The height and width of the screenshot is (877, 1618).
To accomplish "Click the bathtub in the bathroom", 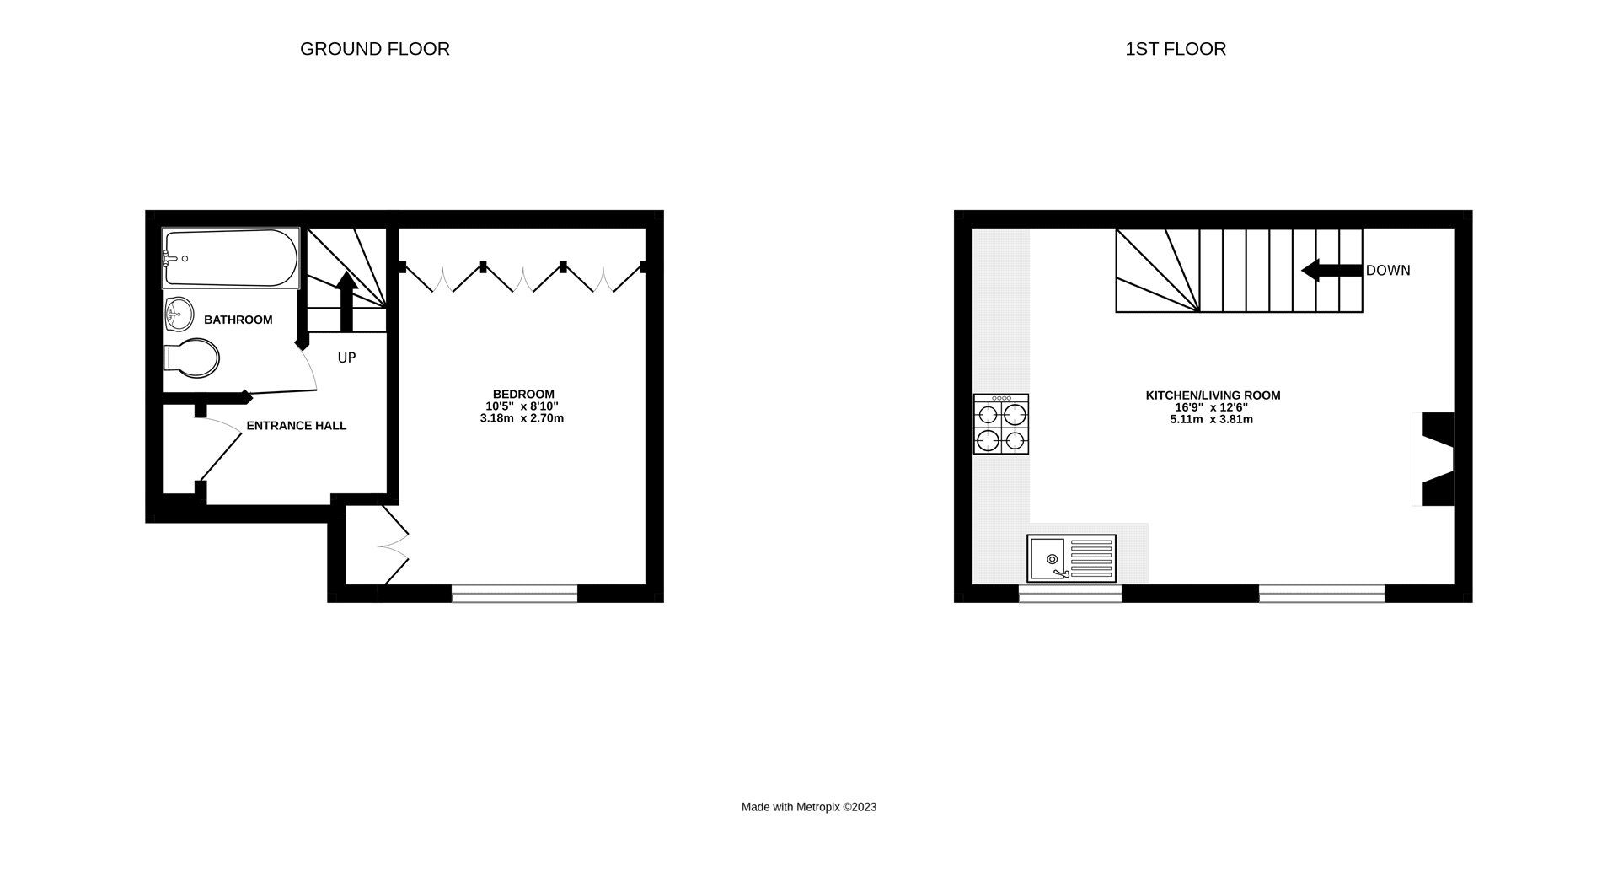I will tap(231, 258).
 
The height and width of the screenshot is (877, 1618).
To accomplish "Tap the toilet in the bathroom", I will tap(193, 358).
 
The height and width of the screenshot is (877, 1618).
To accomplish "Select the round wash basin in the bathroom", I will tap(178, 315).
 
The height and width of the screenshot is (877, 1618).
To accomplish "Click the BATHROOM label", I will tap(238, 320).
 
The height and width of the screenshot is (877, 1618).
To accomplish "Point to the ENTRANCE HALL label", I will tap(296, 426).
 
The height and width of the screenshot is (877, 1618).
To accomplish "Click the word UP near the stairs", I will tap(346, 358).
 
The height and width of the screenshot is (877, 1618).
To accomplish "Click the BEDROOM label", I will tap(523, 394).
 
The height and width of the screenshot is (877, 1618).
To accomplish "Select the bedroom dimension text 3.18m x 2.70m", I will tap(522, 418).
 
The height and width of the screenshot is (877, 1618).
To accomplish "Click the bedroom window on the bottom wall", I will tap(514, 594).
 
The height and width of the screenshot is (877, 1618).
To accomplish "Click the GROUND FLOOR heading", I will tap(374, 49).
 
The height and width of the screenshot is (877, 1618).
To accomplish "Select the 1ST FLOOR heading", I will tap(1175, 49).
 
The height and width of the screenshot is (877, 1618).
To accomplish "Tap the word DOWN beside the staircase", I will tap(1388, 271).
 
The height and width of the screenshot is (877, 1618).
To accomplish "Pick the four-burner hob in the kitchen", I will tap(1000, 424).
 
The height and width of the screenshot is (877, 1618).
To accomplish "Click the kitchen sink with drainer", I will tap(1071, 558).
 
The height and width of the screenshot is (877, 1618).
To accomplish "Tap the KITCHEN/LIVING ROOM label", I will tap(1213, 395).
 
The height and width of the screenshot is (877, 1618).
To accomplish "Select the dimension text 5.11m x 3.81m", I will tap(1211, 419).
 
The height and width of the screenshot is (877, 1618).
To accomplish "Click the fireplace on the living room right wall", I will tap(1436, 459).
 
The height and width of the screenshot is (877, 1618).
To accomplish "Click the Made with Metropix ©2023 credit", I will tap(808, 807).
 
